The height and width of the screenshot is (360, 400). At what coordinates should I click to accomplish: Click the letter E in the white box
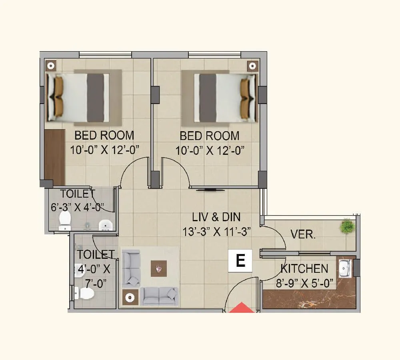click(x=240, y=261)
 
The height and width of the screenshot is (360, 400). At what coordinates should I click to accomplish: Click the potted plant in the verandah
click(x=346, y=226)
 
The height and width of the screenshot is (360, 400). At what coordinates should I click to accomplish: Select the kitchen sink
click(x=344, y=268)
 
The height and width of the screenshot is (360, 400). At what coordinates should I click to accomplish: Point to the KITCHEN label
click(x=304, y=268)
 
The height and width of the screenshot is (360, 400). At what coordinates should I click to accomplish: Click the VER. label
click(x=303, y=234)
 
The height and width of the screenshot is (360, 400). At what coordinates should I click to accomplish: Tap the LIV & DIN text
click(x=216, y=217)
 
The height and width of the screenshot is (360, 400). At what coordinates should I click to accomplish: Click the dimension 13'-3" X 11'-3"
click(x=217, y=232)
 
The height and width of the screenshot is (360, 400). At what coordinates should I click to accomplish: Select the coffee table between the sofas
click(x=158, y=268)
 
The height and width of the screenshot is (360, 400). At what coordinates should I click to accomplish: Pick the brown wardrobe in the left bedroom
click(x=54, y=157)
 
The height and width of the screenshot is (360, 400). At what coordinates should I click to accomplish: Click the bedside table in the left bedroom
click(x=50, y=66)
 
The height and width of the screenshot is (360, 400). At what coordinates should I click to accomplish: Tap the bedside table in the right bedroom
click(x=251, y=66)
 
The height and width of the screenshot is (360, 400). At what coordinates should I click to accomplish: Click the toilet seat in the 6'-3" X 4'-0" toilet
click(x=64, y=220)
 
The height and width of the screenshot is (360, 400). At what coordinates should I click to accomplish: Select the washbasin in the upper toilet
click(x=105, y=225)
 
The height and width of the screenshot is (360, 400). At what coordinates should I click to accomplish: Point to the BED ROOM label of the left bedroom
click(x=104, y=135)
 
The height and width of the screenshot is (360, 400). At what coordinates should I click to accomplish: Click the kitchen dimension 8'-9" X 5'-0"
click(x=304, y=283)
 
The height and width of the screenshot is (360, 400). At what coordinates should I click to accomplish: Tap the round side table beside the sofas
click(x=130, y=298)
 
